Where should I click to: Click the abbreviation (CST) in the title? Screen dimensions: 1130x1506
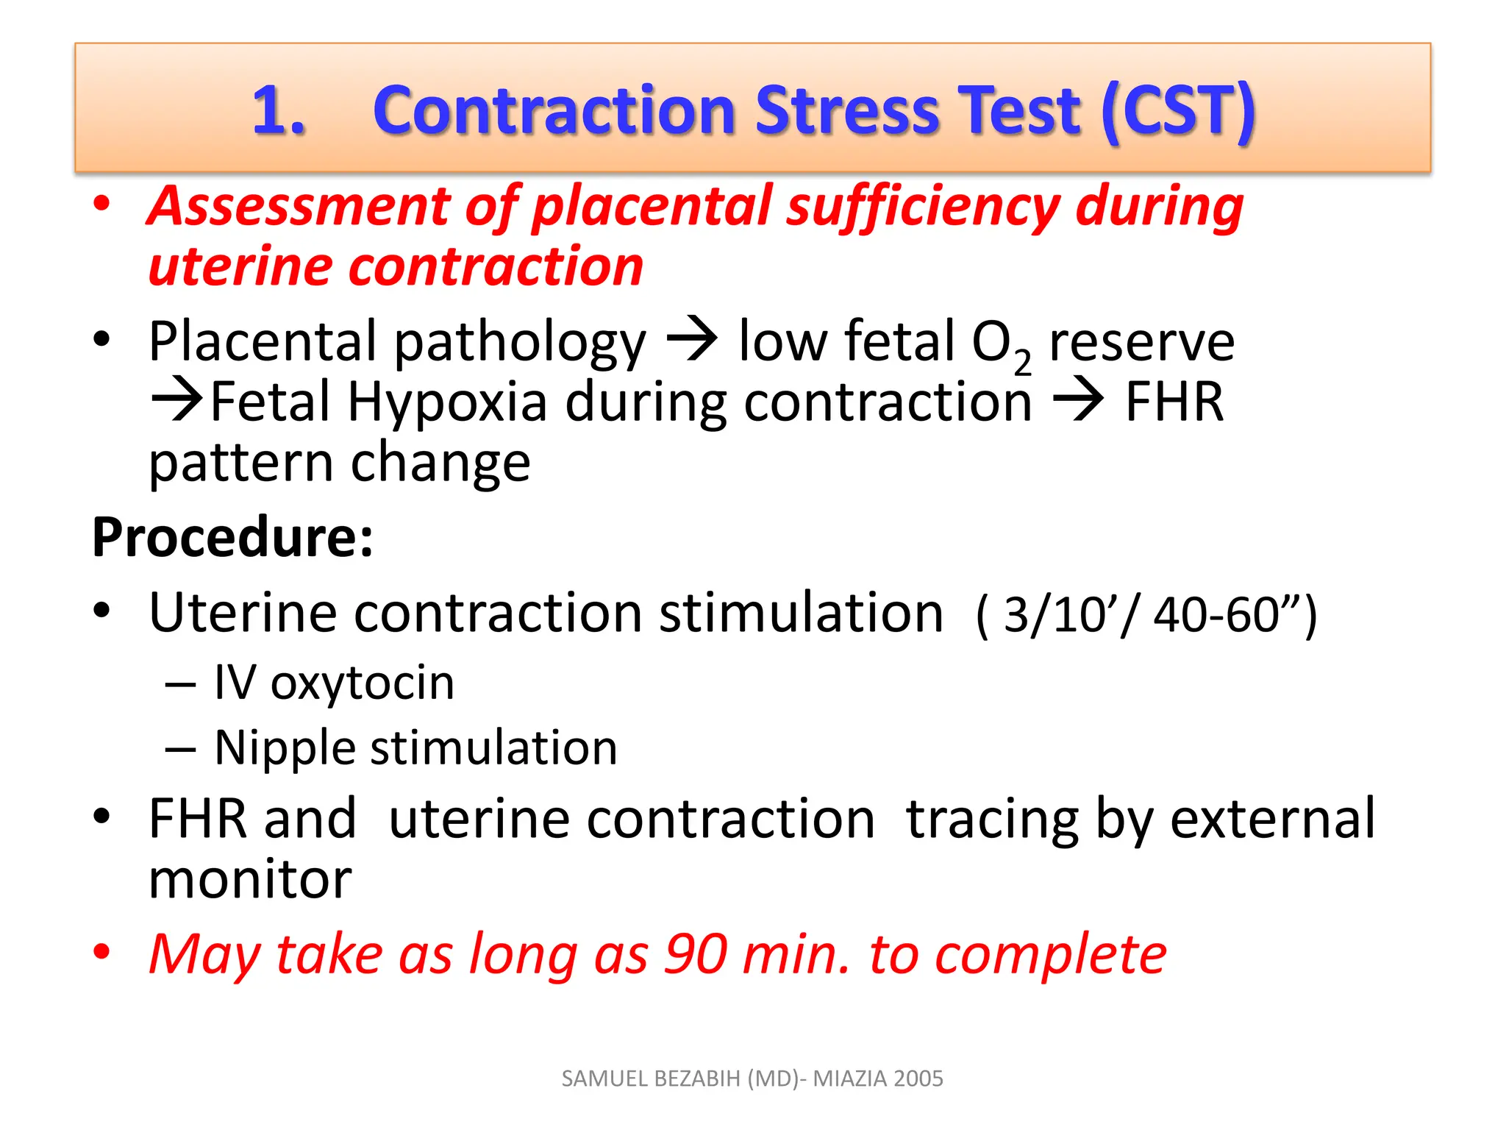(x=1178, y=112)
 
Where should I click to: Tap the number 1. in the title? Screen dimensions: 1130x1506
(x=279, y=112)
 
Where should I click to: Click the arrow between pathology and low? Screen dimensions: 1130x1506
(x=692, y=340)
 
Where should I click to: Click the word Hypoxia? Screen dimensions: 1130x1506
(x=448, y=404)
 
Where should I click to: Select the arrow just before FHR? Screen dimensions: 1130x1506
(x=1078, y=401)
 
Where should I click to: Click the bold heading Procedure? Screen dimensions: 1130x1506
(x=232, y=538)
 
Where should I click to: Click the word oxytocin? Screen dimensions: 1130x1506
(x=363, y=683)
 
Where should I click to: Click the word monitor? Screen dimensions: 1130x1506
(x=250, y=880)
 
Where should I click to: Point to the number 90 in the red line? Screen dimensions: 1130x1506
(x=696, y=955)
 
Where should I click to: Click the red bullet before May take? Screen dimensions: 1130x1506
(x=102, y=950)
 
